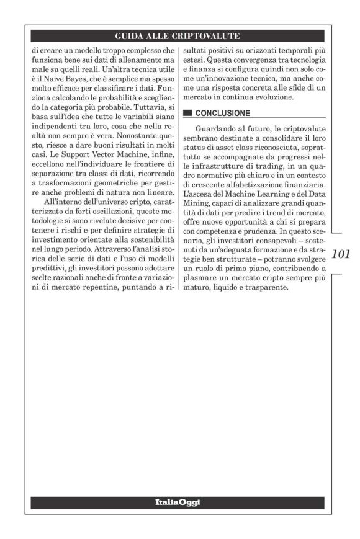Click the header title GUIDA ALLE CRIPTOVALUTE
pyautogui.click(x=180, y=37)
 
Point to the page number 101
pyautogui.click(x=341, y=254)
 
